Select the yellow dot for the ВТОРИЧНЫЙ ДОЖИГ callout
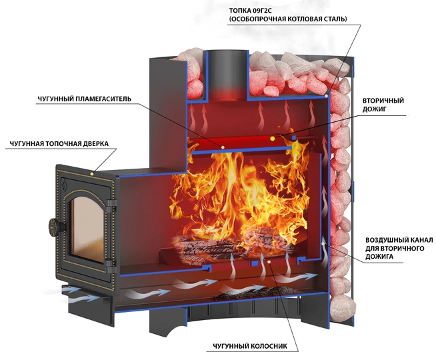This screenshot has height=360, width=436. pos(273,137)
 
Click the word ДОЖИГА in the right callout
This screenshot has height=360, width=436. pos(381,256)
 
